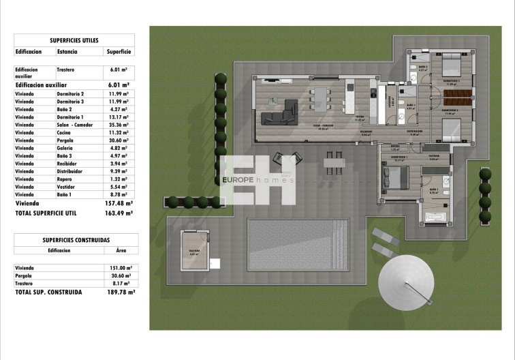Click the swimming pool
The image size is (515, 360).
(298, 243)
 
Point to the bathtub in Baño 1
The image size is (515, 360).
(437, 217)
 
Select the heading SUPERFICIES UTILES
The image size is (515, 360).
(74, 40)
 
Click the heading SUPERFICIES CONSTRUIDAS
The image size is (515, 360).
(76, 240)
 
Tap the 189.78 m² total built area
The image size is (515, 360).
(120, 291)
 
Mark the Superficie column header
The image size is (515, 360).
(119, 51)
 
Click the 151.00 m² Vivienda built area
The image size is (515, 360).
(121, 268)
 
